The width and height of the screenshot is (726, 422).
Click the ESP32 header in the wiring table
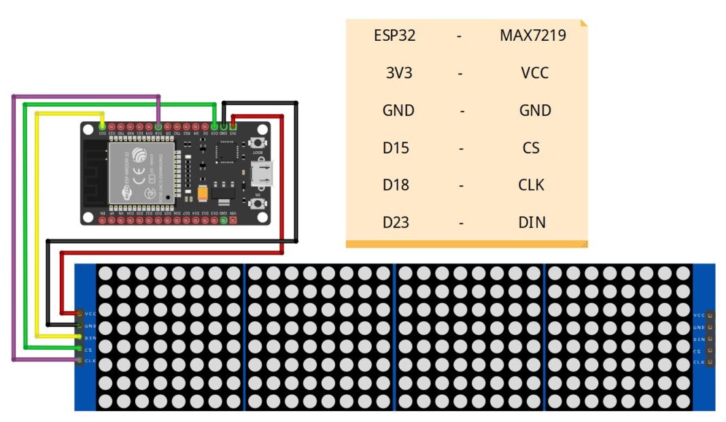point(394,35)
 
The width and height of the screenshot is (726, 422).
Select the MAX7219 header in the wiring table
point(533,35)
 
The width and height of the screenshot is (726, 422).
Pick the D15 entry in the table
point(396,147)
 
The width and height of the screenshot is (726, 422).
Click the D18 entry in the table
point(396,184)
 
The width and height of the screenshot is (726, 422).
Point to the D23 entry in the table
point(396,222)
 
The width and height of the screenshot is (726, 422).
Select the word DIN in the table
point(532,222)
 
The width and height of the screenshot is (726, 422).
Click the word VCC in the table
point(534,73)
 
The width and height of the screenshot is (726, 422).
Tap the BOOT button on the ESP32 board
point(257,142)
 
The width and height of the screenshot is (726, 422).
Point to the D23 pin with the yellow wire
point(102,127)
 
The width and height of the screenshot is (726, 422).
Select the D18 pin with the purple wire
point(158,127)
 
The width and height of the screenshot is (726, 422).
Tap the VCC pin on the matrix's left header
point(80,314)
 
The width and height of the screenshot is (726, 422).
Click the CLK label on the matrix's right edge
point(698,362)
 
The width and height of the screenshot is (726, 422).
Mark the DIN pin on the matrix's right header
point(710,339)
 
